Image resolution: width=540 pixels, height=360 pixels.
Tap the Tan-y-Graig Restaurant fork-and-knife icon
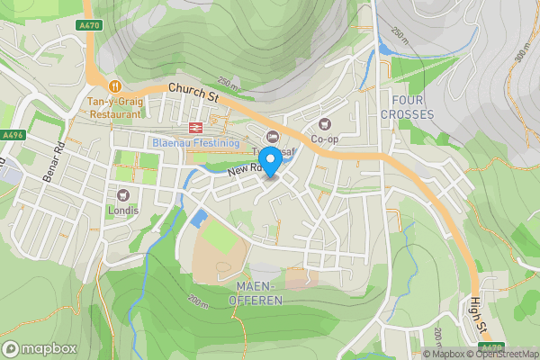115,85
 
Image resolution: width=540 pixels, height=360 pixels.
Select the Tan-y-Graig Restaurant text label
114,108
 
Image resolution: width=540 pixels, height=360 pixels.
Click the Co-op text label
325,139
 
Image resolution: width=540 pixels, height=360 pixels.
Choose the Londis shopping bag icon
123,194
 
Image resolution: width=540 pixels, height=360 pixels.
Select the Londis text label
123,211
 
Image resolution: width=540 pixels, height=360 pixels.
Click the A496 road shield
12,135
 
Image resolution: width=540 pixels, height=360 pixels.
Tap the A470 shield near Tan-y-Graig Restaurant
89,26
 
